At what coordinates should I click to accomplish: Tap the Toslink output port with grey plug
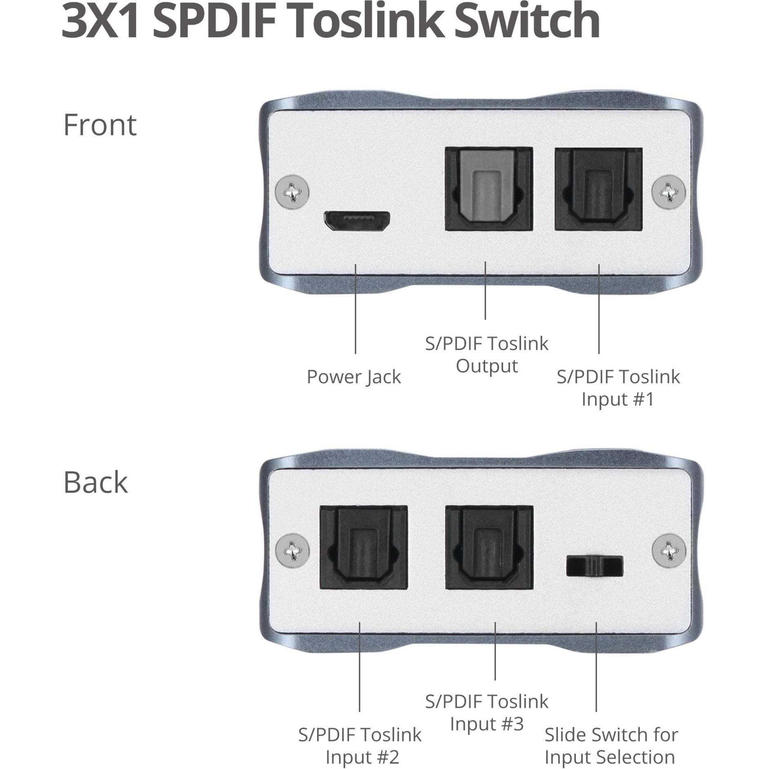pos(489,189)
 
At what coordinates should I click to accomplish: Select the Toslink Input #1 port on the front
pos(598,189)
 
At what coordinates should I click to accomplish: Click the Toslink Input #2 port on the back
pos(363,547)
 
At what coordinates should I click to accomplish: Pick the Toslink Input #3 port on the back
pos(489,547)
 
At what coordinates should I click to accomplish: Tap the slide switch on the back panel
pos(595,566)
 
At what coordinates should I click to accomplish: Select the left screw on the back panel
pos(292,551)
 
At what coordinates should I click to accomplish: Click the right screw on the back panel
pos(669,551)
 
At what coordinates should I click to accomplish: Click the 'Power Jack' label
pos(354,377)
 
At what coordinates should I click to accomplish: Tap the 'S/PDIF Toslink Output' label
pos(486,354)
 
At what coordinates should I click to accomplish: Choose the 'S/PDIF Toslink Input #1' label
pos(618,388)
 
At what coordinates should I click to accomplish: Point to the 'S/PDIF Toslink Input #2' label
pos(360,746)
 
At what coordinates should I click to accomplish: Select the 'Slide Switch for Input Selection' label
pos(611,746)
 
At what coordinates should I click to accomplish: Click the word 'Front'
pos(100,125)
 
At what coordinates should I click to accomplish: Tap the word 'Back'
pos(96,482)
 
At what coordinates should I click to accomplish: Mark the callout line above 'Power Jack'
pos(355,309)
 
